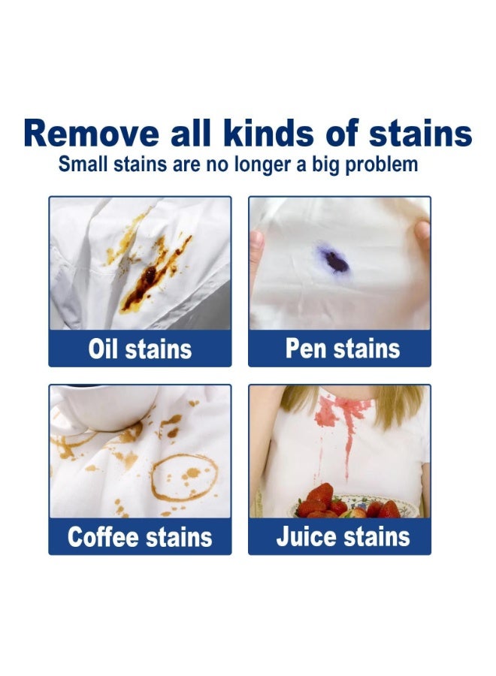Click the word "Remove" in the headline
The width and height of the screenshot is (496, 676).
92,133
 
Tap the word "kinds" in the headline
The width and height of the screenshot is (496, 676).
269,133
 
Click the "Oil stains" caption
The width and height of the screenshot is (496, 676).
140,349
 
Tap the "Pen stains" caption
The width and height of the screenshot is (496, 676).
343,349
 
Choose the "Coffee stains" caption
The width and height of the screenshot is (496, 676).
140,537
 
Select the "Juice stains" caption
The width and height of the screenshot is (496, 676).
343,537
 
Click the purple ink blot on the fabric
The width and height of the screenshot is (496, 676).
334,260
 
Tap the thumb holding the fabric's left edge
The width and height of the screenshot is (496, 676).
256,246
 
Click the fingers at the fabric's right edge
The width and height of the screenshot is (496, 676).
422,237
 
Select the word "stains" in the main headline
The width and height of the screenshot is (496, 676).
420,133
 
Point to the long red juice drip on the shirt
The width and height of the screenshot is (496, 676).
349,448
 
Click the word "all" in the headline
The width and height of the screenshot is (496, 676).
191,133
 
